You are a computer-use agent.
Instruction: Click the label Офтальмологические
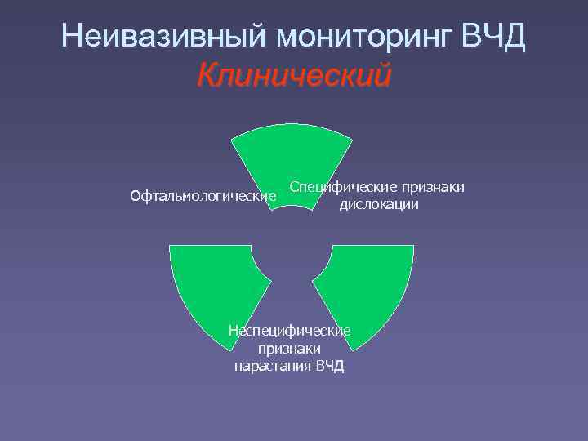(x=203, y=196)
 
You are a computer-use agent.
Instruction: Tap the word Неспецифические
(x=289, y=330)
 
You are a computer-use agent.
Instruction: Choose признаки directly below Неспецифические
(x=289, y=348)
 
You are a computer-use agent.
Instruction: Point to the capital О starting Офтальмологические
(x=136, y=196)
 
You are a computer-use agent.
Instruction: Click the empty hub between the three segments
(x=292, y=249)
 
